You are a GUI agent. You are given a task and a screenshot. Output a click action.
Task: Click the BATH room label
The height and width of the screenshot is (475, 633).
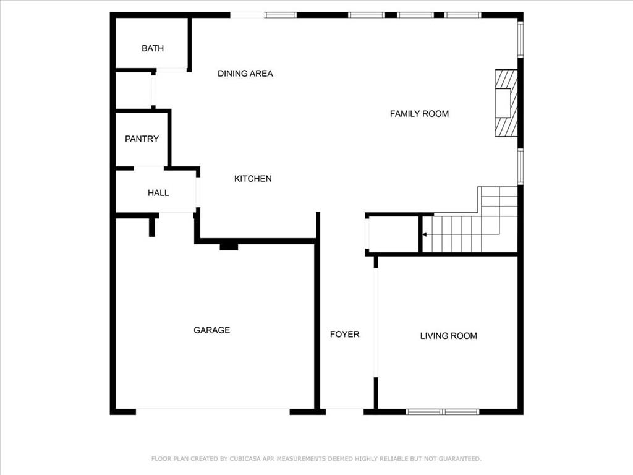click(153, 48)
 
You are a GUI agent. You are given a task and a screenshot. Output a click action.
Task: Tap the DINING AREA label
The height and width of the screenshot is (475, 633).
click(245, 74)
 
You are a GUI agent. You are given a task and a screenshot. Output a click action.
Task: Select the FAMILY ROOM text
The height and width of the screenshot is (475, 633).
click(419, 114)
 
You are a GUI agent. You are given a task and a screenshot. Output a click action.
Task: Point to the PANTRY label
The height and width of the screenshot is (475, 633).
click(142, 139)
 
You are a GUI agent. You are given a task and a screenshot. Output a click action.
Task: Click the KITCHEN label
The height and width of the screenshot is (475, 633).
click(253, 179)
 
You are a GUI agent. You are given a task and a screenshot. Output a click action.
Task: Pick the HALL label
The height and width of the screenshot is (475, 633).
click(158, 193)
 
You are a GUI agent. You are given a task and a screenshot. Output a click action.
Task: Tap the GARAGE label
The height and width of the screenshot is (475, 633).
click(211, 330)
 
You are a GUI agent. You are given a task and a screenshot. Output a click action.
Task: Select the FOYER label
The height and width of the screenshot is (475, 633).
click(344, 334)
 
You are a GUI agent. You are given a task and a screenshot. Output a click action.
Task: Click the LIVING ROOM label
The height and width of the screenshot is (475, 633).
click(448, 336)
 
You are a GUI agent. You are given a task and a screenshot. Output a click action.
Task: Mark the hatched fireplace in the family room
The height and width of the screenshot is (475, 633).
click(505, 103)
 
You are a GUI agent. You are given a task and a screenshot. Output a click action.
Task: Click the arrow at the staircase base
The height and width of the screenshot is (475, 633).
click(425, 235)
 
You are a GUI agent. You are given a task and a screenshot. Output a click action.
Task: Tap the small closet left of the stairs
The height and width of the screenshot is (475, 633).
click(393, 234)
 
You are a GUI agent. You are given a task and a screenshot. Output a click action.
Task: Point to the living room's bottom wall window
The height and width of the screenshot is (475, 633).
click(443, 411)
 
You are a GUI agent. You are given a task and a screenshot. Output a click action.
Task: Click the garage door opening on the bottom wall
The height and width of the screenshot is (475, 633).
click(212, 411)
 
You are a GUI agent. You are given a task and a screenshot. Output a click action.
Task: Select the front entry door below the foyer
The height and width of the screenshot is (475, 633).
click(344, 411)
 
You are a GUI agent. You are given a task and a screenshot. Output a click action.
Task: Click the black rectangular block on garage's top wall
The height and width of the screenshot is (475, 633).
click(229, 246)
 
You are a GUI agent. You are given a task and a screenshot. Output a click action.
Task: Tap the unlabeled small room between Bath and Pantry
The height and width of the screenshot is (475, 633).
click(134, 91)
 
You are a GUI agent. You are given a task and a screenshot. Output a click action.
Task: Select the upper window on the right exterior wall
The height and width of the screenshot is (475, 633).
click(520, 40)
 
